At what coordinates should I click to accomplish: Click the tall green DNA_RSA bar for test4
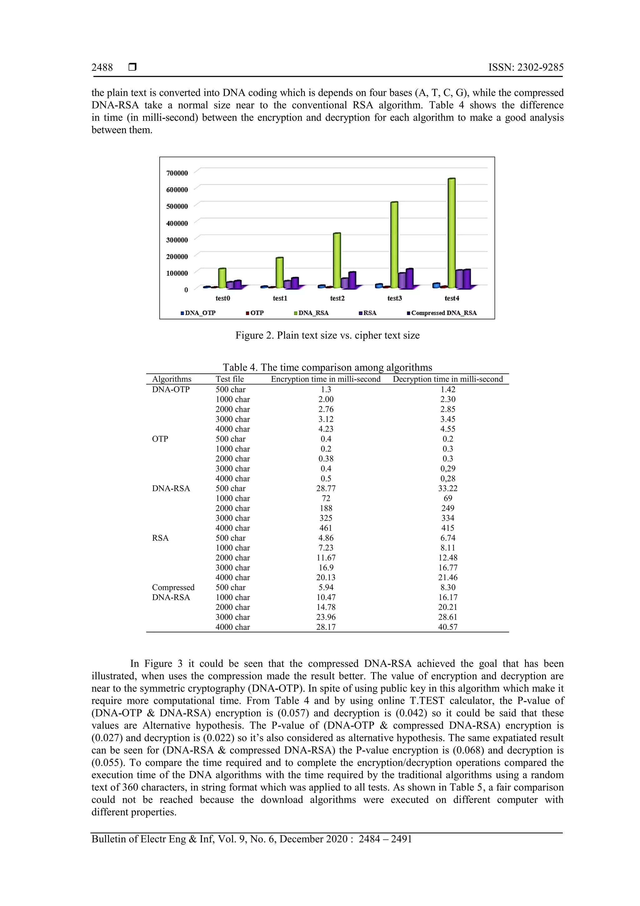(452, 233)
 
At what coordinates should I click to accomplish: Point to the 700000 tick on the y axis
(177, 173)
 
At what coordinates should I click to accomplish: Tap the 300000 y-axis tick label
(177, 240)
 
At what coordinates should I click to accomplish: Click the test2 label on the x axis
(337, 298)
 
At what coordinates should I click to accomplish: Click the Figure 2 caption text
(327, 335)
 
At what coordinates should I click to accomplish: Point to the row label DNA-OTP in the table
(171, 389)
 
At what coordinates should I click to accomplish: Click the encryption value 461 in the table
(326, 528)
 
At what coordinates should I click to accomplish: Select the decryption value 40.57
(447, 627)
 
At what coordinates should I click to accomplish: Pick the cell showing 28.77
(326, 488)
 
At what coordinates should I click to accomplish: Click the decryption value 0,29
(447, 468)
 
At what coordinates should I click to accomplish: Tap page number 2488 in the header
(102, 68)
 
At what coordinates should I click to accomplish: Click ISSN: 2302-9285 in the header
(526, 68)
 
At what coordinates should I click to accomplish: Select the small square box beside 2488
(132, 67)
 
